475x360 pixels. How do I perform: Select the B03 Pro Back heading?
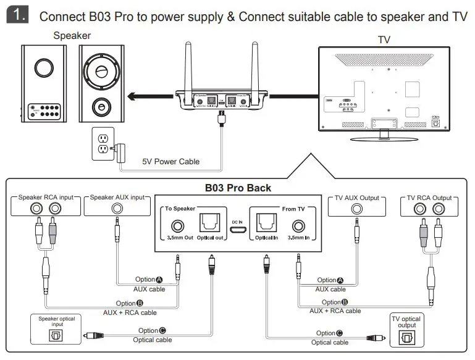237,187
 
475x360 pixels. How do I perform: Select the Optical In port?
267,220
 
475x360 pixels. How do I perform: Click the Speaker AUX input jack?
117,209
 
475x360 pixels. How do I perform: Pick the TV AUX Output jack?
356,209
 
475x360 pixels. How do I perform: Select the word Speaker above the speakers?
72,36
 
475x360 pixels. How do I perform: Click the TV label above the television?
384,40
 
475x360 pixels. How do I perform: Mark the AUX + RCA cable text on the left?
130,312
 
